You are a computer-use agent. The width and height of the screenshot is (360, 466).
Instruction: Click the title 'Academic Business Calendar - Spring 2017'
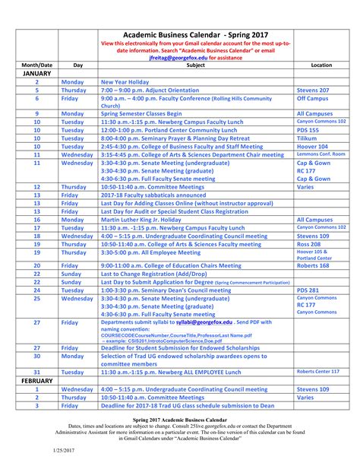[x=197, y=35]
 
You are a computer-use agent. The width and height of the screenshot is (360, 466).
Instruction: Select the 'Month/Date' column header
[x=36, y=66]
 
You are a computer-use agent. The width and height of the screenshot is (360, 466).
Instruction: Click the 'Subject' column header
[x=196, y=66]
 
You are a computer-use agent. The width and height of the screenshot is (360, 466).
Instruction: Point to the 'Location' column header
[x=321, y=66]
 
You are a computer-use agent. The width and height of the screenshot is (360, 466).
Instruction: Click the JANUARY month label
[x=36, y=74]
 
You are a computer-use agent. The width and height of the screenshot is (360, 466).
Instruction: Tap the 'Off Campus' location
[x=312, y=98]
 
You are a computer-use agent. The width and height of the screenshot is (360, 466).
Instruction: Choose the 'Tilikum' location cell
[x=308, y=138]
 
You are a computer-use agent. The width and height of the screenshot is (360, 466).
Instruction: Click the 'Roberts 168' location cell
[x=314, y=266]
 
